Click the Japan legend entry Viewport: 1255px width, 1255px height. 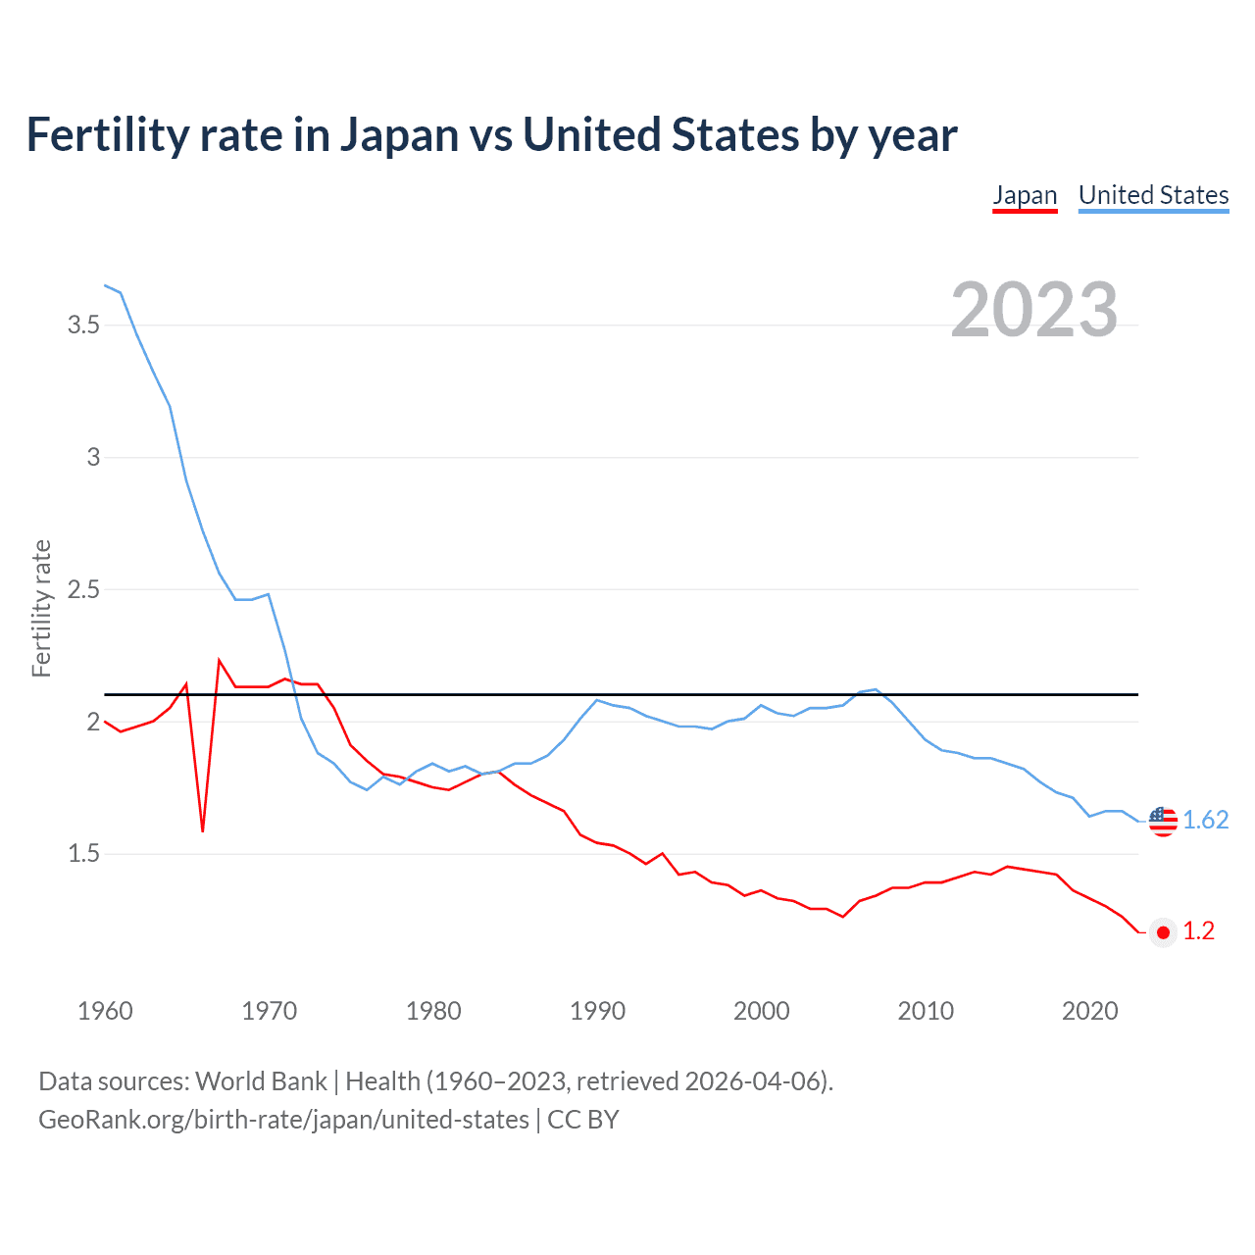pyautogui.click(x=1025, y=195)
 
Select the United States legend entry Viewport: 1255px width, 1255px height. pyautogui.click(x=1153, y=195)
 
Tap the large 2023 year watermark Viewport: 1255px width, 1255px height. pyautogui.click(x=1034, y=310)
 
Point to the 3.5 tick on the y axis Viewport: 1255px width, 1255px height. pyautogui.click(x=84, y=325)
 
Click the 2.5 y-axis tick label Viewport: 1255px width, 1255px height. pyautogui.click(x=84, y=589)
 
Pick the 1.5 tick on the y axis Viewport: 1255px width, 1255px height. pyautogui.click(x=84, y=854)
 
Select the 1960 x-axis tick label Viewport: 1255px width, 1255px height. pyautogui.click(x=105, y=1011)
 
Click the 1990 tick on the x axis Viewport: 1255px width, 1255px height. pyautogui.click(x=597, y=1011)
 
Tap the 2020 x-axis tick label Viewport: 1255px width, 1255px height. pyautogui.click(x=1089, y=1011)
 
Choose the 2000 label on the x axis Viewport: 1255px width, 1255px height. pyautogui.click(x=761, y=1011)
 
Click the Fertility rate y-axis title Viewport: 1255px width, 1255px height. pyautogui.click(x=41, y=608)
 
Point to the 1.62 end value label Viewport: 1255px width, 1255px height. pyautogui.click(x=1205, y=820)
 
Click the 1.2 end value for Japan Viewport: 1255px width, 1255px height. pyautogui.click(x=1198, y=930)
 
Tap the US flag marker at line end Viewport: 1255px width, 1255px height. pyautogui.click(x=1163, y=821)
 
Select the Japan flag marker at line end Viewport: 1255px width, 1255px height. pyautogui.click(x=1163, y=932)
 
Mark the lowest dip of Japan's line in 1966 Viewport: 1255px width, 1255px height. pyautogui.click(x=203, y=830)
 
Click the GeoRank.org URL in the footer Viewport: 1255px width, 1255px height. pyautogui.click(x=283, y=1119)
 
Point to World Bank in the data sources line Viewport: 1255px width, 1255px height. pyautogui.click(x=261, y=1080)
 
